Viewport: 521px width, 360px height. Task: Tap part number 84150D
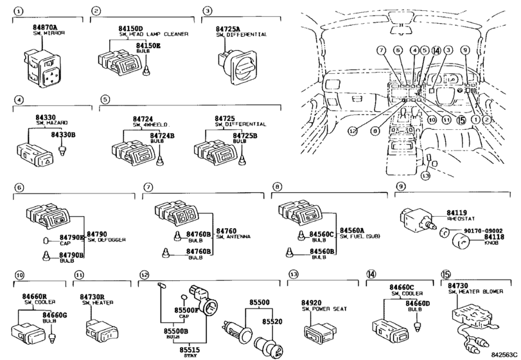[x=130, y=28]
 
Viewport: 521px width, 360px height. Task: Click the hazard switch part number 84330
[x=45, y=117]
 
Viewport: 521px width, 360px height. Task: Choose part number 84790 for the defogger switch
[x=96, y=234]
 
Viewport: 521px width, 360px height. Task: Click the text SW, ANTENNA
[x=233, y=237]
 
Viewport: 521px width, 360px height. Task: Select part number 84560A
[x=353, y=230]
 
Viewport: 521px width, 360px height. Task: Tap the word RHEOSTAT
[x=460, y=217]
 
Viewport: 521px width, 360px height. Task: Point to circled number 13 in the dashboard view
[x=425, y=175]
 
